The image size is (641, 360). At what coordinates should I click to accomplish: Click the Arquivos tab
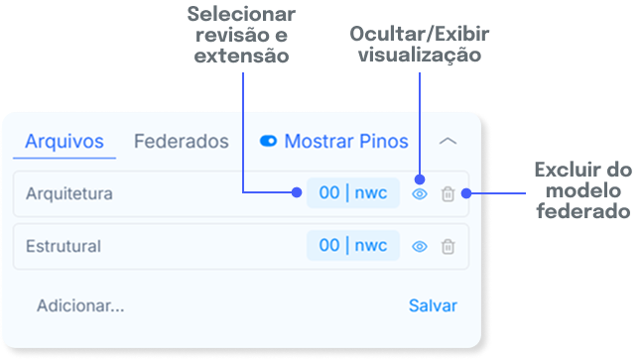click(64, 142)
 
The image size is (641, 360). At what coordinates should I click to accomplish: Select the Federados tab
click(182, 142)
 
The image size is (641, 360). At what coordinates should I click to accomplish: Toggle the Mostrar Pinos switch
click(268, 141)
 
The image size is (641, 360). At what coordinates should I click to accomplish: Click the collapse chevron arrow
click(448, 142)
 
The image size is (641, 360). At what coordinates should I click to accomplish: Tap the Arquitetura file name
click(69, 193)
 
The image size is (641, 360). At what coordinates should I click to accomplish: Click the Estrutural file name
click(64, 246)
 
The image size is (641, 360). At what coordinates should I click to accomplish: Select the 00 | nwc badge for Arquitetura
click(353, 192)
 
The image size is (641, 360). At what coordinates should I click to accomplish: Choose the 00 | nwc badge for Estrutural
click(353, 246)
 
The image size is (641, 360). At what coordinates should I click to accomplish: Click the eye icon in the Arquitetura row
click(420, 194)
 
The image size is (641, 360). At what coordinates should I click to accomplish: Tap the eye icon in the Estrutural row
click(420, 246)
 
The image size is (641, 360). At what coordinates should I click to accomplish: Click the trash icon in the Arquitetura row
click(449, 193)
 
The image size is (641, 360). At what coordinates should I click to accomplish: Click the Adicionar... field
click(80, 305)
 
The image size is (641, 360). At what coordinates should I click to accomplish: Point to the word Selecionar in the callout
click(241, 14)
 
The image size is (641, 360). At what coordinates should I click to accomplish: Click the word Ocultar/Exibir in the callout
click(420, 34)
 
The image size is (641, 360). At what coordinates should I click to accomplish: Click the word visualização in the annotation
click(420, 55)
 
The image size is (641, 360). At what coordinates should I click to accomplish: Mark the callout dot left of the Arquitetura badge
click(297, 192)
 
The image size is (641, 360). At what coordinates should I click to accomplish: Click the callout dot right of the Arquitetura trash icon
click(466, 193)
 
